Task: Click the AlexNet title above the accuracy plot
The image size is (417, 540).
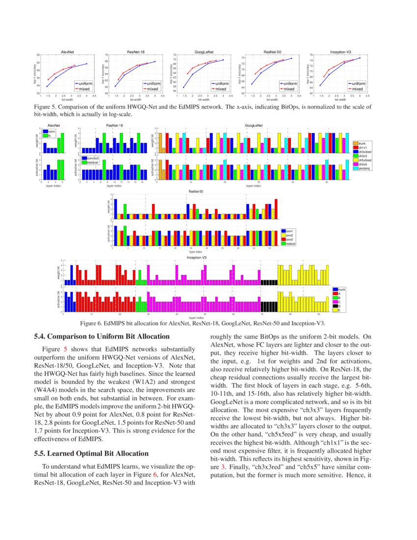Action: click(67, 52)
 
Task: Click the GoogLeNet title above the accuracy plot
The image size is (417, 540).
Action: click(203, 52)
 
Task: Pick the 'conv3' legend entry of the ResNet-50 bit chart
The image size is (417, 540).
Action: click(289, 240)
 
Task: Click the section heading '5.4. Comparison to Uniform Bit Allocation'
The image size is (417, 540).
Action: click(102, 337)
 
